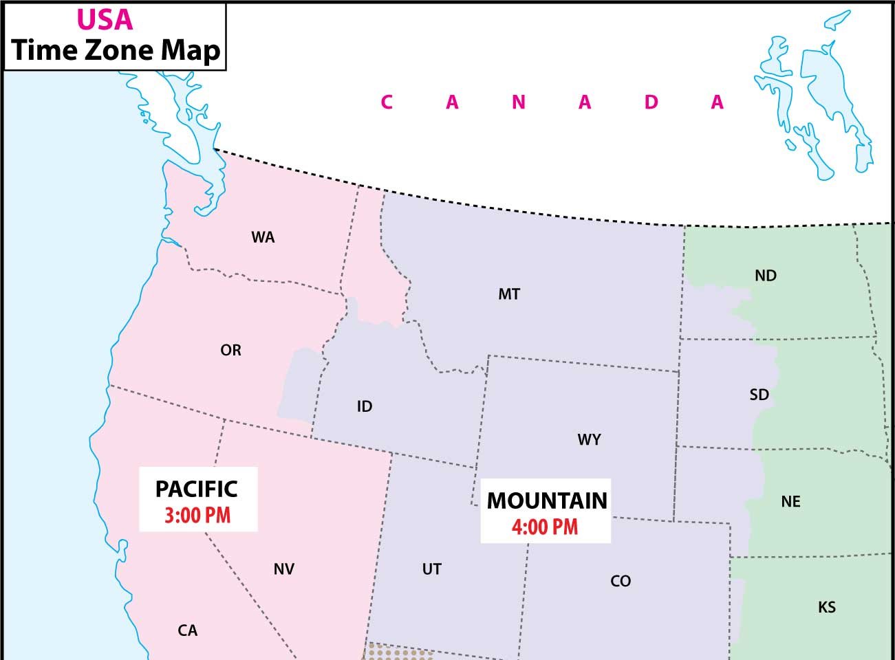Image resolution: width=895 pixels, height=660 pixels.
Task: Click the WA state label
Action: click(263, 238)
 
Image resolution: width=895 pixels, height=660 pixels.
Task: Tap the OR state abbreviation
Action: click(230, 351)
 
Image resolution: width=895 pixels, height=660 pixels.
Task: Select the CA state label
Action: click(188, 630)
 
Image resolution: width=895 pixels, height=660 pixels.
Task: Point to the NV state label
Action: click(284, 569)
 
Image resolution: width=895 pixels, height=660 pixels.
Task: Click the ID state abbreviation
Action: click(365, 407)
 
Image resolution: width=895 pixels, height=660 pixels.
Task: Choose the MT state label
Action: click(509, 294)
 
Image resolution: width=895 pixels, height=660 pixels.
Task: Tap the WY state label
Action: click(589, 439)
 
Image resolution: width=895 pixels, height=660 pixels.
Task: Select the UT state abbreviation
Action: click(431, 569)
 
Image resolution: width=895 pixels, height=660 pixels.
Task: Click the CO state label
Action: click(621, 582)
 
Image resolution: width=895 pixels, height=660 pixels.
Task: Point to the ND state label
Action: click(765, 276)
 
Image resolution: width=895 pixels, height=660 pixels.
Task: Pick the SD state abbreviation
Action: click(759, 395)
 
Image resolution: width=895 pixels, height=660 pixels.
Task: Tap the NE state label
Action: click(790, 502)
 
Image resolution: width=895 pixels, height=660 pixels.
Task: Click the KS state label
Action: click(827, 607)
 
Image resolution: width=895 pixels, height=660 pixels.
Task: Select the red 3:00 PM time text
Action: click(197, 516)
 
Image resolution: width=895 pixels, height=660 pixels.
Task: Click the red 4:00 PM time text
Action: click(545, 527)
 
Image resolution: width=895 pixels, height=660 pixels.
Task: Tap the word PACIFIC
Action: click(197, 489)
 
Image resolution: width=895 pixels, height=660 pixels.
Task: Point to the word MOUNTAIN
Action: click(547, 500)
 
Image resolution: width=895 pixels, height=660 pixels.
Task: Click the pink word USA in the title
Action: click(105, 19)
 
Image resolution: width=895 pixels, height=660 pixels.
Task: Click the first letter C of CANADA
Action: click(387, 102)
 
